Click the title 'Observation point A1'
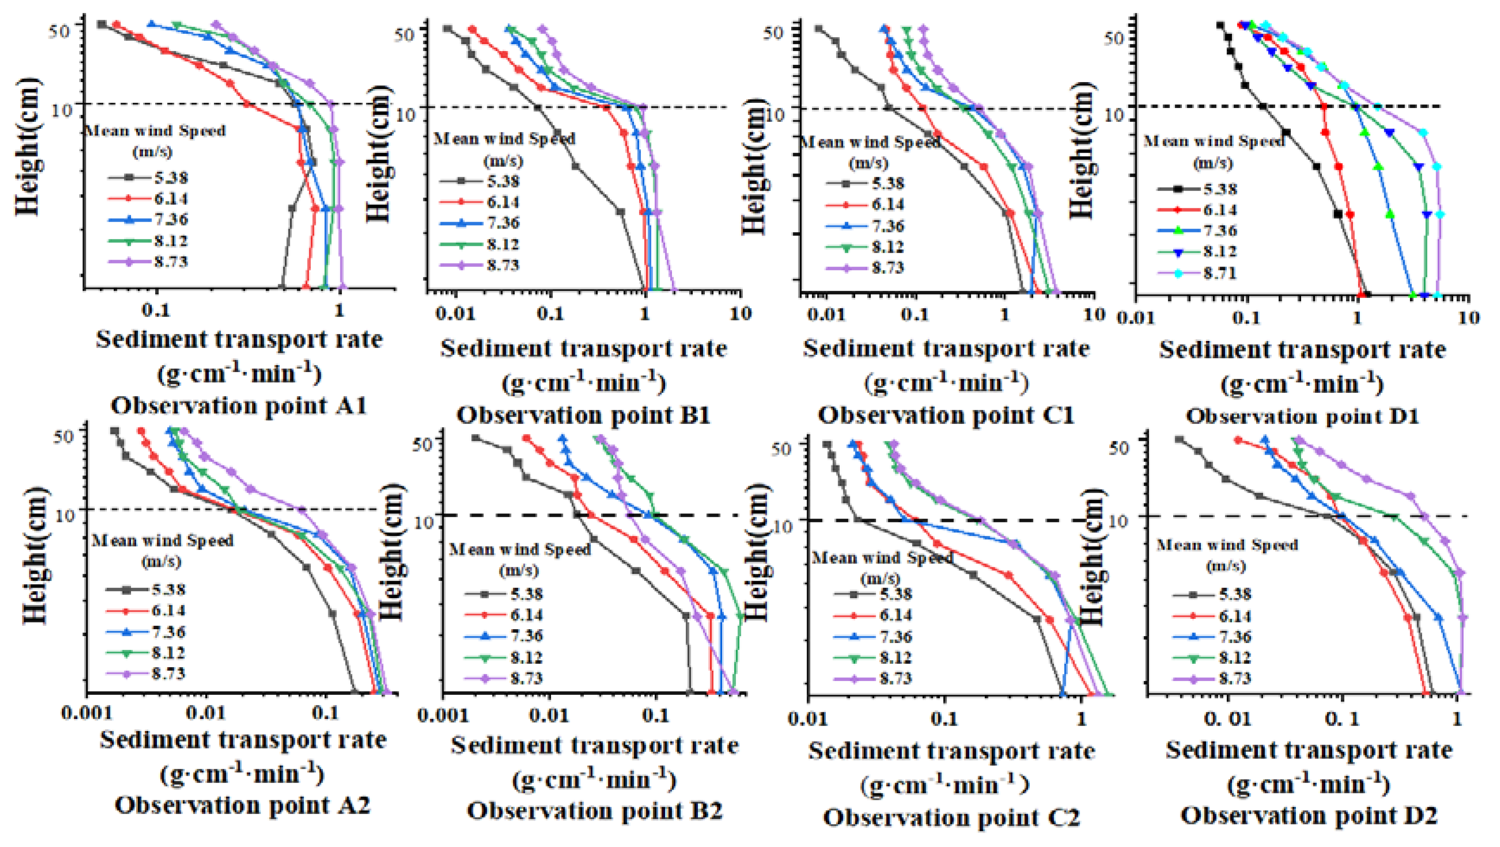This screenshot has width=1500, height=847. pyautogui.click(x=239, y=406)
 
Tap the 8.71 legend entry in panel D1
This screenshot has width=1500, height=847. pyautogui.click(x=1219, y=272)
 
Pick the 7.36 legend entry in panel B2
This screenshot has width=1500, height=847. pyautogui.click(x=526, y=636)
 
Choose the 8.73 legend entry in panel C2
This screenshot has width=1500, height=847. pyautogui.click(x=895, y=678)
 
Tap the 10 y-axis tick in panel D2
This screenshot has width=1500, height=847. pyautogui.click(x=1117, y=520)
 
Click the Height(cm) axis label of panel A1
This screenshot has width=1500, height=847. pyautogui.click(x=28, y=146)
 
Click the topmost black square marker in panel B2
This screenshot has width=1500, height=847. pyautogui.click(x=475, y=438)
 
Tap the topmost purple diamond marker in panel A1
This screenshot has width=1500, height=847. pyautogui.click(x=217, y=25)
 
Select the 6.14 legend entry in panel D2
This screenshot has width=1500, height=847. pyautogui.click(x=1235, y=615)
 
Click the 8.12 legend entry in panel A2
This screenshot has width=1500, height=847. pyautogui.click(x=168, y=653)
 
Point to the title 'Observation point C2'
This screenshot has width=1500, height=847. pyautogui.click(x=951, y=818)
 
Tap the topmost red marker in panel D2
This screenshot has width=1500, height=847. pyautogui.click(x=1238, y=440)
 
